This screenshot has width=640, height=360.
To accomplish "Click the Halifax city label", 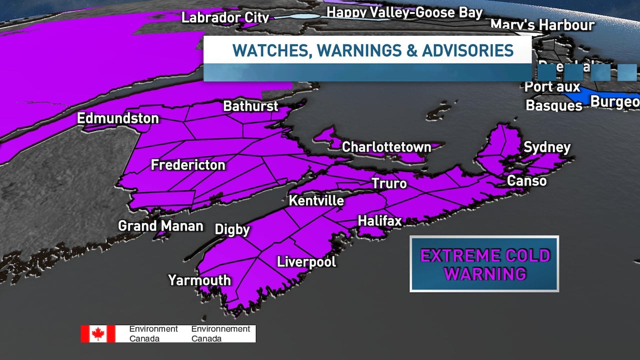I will coord(379,220).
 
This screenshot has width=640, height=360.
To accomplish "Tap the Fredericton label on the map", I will coord(188,165).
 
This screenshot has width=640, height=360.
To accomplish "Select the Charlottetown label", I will coord(386,147).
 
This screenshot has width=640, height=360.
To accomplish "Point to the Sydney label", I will coord(546,147).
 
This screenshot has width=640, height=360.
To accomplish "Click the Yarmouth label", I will coord(199,280).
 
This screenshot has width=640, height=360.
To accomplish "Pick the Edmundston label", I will coord(117,118).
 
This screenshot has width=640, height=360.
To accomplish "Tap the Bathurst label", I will coord(250,106).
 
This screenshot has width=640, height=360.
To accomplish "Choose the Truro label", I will coord(389,183).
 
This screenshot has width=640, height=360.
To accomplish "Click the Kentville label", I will coord(316,201).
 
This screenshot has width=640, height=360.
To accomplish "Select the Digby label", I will coord(232,229).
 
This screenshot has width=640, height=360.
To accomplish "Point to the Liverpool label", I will coord(306,261).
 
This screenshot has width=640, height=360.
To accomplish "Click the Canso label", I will coord(526,180).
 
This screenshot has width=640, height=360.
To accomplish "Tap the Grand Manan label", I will coord(160,226).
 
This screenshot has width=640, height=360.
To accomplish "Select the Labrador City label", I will coord(225,17).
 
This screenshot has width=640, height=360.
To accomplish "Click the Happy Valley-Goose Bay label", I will coord(404,12).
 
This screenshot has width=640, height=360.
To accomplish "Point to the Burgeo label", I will coord(614,101).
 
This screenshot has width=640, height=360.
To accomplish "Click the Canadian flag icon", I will coord(98,333).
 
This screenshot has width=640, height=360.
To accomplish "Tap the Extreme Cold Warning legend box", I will coord(484,264).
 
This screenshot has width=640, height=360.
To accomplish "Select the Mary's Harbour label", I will coord(542,24).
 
